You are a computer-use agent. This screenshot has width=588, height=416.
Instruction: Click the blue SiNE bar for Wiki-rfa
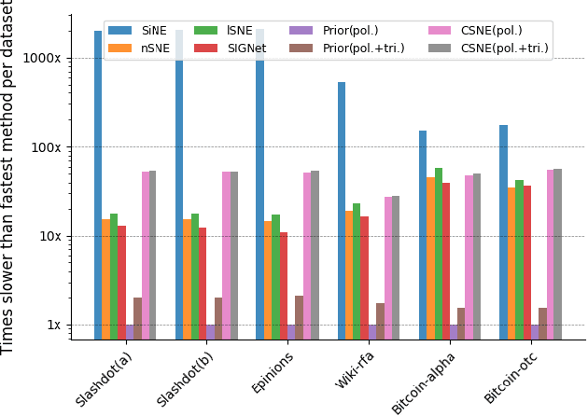click(x=342, y=210)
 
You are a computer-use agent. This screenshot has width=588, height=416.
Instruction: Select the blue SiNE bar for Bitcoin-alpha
click(x=423, y=234)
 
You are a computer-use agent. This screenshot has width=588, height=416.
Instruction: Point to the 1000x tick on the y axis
click(x=47, y=58)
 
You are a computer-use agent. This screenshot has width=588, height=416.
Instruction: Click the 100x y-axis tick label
click(x=49, y=146)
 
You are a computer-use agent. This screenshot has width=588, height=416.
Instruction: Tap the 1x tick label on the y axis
click(x=55, y=325)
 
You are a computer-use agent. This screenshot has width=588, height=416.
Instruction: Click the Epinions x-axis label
click(x=272, y=372)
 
